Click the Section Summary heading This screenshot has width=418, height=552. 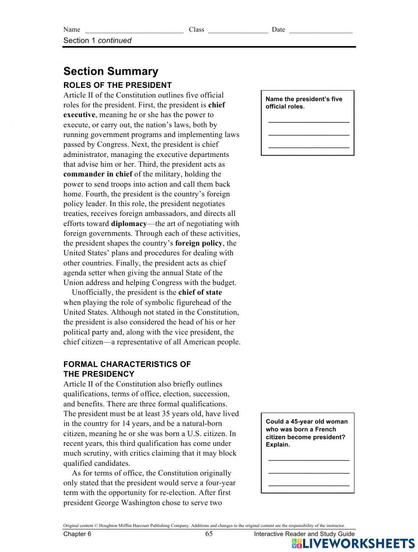pos(111,71)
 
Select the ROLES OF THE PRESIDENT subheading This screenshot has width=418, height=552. pos(117,85)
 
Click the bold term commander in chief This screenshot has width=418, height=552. pos(98,174)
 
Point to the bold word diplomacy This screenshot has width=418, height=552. pos(129,223)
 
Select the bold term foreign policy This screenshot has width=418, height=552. pos(199,243)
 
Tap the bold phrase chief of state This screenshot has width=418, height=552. pos(200,293)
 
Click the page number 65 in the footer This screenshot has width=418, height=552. pos(209,534)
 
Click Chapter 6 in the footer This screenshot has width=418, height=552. pos(77,534)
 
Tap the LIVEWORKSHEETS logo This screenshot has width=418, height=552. pos(353,543)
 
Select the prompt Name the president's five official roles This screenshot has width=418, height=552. pos(304,103)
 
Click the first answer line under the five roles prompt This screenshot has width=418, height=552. pos(308,122)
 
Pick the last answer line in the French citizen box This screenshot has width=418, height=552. pos(308,485)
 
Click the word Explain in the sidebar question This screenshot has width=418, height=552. pos(278,444)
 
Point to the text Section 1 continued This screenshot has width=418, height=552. pos(97,41)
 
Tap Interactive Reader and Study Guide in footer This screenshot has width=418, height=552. pos(304,534)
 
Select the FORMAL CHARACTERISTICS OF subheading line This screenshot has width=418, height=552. pos(127,364)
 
